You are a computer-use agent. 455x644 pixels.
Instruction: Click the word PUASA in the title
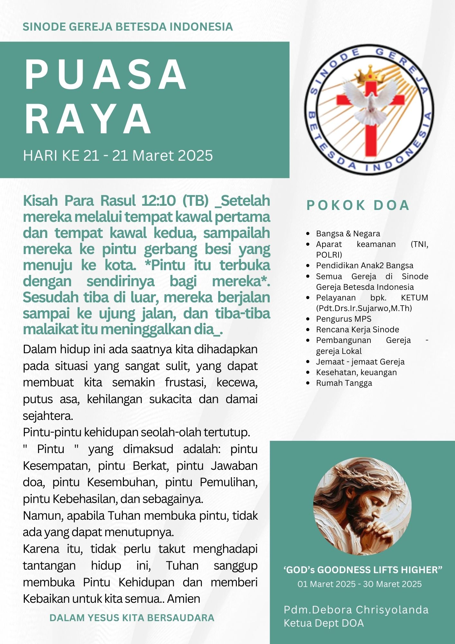point(106,75)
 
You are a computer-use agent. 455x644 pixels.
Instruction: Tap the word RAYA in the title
point(88,119)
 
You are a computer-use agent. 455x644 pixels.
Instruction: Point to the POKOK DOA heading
point(358,205)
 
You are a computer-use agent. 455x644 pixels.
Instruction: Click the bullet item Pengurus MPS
point(343,319)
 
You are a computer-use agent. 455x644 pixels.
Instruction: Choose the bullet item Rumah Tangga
point(344,383)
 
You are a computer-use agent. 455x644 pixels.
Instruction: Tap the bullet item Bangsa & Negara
point(348,233)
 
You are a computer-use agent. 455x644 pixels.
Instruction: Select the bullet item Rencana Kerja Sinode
point(357,329)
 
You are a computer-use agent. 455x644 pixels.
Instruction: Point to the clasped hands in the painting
point(380,528)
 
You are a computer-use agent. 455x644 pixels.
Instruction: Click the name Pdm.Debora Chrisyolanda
point(356,610)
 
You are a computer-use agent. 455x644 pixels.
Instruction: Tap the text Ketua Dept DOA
point(323,623)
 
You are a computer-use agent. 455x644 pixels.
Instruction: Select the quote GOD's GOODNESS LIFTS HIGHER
point(363,570)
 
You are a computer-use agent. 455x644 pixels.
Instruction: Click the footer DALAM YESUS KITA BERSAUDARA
point(132,618)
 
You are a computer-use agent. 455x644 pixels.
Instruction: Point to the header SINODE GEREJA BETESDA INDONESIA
point(128,27)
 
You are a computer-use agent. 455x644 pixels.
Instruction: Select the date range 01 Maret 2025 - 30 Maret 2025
point(359,584)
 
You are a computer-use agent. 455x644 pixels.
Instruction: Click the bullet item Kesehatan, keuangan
point(356,372)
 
